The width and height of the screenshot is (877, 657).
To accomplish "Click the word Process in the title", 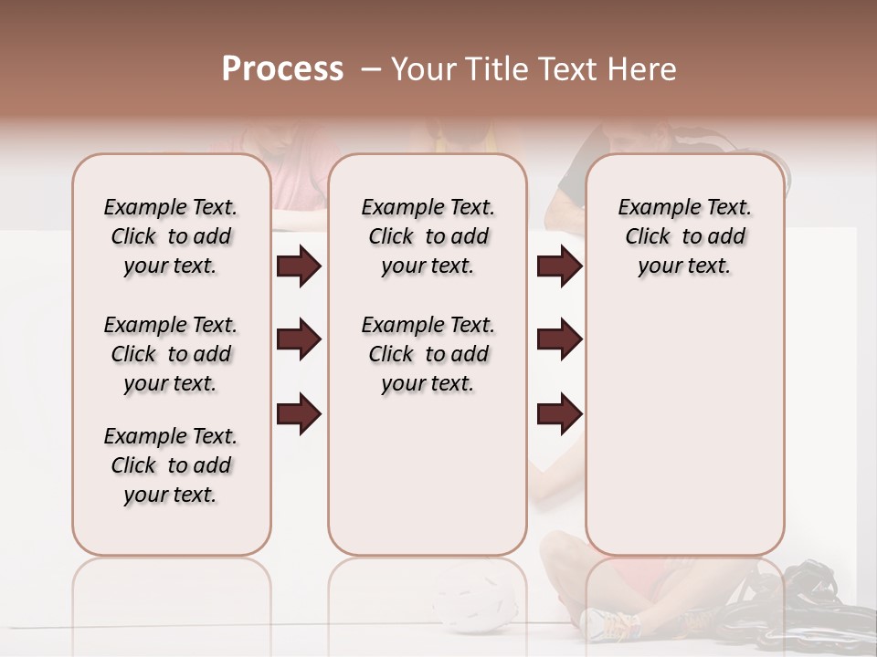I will click(x=282, y=69).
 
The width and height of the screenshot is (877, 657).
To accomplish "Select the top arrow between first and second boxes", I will click(x=299, y=266).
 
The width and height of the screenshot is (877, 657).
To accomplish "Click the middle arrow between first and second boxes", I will click(x=299, y=339).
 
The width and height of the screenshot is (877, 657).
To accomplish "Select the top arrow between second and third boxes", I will click(x=559, y=266).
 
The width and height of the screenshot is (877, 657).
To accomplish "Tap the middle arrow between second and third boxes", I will click(x=559, y=339).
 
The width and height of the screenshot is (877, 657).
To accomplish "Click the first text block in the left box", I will click(x=171, y=236).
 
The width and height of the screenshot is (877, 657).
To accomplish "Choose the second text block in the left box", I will click(x=171, y=354).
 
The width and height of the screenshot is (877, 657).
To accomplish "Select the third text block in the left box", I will click(x=171, y=465).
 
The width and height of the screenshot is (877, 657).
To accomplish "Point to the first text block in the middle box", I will click(x=428, y=236).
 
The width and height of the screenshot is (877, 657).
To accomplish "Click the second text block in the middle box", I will click(x=428, y=354).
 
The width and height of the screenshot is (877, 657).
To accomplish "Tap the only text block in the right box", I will click(x=685, y=236).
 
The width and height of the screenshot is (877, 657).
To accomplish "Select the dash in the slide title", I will click(x=371, y=69).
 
